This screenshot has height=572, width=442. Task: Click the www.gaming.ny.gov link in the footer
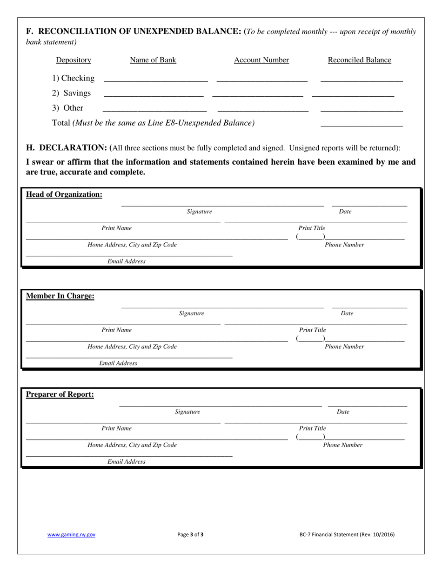[71, 535]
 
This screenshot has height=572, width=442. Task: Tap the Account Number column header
[261, 60]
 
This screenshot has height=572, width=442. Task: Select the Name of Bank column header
[153, 60]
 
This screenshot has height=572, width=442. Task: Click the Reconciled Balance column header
[359, 60]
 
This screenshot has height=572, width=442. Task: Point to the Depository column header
[74, 60]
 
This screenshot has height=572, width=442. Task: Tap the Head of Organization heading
[64, 194]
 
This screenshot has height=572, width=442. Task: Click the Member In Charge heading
[60, 296]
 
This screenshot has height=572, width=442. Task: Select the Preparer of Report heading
[60, 394]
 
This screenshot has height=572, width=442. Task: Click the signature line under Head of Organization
[222, 205]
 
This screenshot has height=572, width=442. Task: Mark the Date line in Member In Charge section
[369, 307]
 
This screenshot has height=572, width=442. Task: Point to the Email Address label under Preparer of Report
[126, 462]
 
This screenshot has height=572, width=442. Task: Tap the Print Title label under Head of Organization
[312, 228]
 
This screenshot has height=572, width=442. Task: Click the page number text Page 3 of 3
[190, 535]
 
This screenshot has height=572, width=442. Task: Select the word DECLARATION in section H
[73, 148]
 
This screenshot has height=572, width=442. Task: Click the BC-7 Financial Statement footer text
[347, 535]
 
